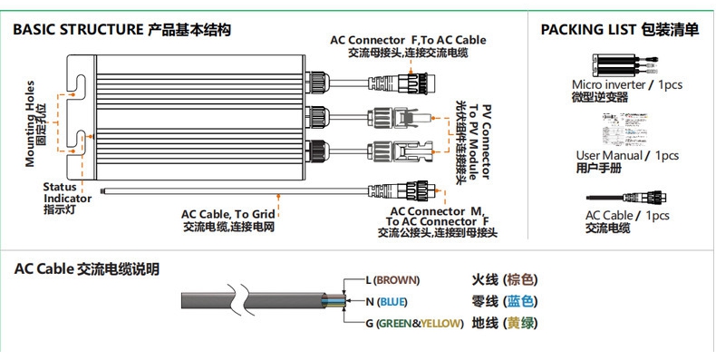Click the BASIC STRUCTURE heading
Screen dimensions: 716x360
[78, 30]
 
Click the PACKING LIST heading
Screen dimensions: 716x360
[588, 30]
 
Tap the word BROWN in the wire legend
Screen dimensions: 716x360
[397, 279]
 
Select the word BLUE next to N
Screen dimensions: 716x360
[392, 302]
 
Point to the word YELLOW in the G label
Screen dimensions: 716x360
[440, 324]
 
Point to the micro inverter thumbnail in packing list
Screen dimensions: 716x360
[624, 65]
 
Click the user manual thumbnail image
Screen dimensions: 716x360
[625, 131]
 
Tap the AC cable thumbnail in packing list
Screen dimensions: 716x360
[626, 198]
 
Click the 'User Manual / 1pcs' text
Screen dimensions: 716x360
[627, 156]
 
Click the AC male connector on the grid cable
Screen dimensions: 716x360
[402, 190]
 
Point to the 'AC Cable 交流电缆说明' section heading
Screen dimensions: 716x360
[87, 269]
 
